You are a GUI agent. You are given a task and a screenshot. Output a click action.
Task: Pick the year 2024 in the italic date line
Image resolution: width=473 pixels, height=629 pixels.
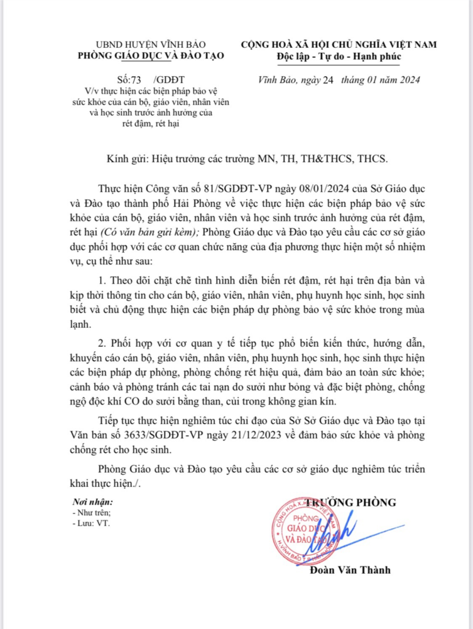(x=408, y=80)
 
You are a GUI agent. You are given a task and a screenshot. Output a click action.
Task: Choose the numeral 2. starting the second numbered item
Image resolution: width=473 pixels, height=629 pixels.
(x=104, y=344)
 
